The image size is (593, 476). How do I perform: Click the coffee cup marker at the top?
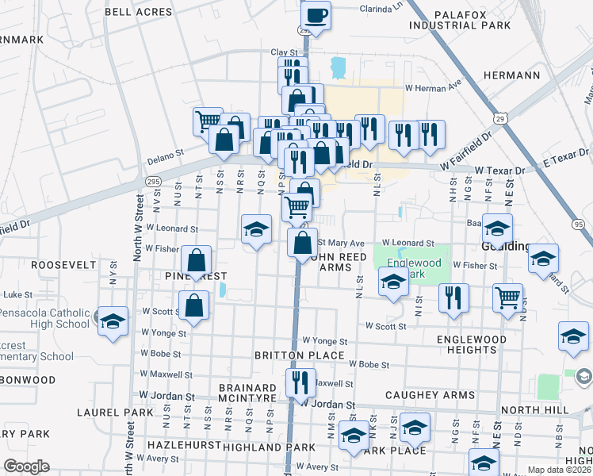316,15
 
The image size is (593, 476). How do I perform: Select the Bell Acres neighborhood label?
138,12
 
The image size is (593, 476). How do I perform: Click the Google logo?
26,466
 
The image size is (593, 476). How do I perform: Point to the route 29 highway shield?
500,118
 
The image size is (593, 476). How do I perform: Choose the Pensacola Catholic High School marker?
113,321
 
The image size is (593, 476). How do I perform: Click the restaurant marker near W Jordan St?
300,383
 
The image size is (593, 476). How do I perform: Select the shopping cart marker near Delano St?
208,121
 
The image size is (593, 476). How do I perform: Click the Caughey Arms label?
430,394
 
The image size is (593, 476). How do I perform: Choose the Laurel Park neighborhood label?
108,413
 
